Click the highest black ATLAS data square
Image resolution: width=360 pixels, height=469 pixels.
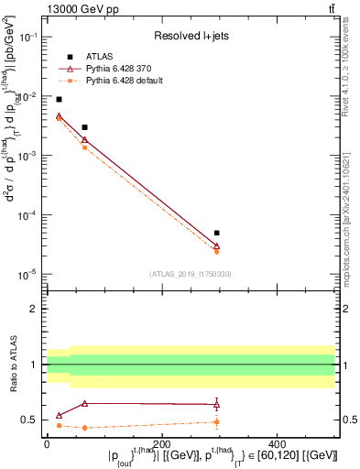(x=59, y=99)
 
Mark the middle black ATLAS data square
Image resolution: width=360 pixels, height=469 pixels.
(x=84, y=127)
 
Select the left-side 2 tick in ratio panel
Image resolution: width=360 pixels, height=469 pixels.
(x=35, y=309)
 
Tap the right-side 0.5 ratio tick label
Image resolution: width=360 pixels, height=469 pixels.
(x=348, y=420)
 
